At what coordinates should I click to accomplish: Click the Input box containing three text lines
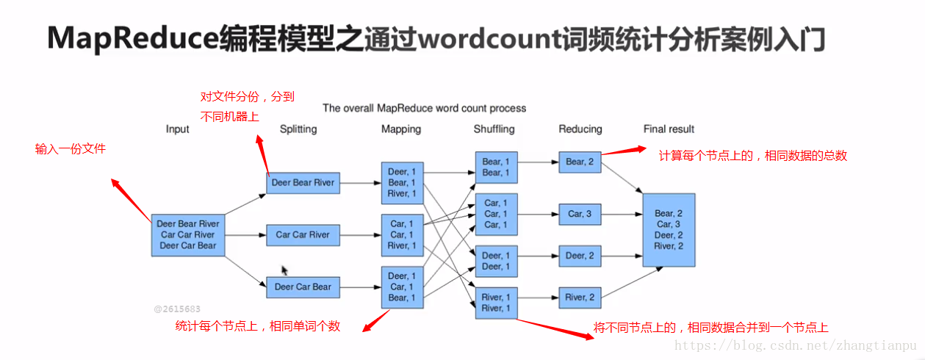pyautogui.click(x=187, y=234)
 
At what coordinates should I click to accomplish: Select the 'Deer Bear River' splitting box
pyautogui.click(x=303, y=183)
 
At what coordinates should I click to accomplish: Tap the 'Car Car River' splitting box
pyautogui.click(x=303, y=235)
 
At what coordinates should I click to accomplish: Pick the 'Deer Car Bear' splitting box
pyautogui.click(x=303, y=287)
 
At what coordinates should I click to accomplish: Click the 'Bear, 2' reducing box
pyautogui.click(x=580, y=162)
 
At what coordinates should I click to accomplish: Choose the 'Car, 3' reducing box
pyautogui.click(x=580, y=214)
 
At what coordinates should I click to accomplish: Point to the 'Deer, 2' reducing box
pyautogui.click(x=580, y=256)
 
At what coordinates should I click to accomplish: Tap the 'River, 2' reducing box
pyautogui.click(x=580, y=298)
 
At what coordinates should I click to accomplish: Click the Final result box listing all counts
pyautogui.click(x=669, y=230)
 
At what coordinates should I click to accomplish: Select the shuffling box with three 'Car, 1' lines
pyautogui.click(x=496, y=214)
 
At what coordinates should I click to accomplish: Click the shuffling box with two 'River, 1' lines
pyautogui.click(x=496, y=303)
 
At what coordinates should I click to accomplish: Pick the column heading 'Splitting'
pyautogui.click(x=298, y=129)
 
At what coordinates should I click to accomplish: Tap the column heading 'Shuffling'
pyautogui.click(x=494, y=129)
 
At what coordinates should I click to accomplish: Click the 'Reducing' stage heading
pyautogui.click(x=580, y=129)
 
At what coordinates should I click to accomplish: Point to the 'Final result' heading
pyautogui.click(x=669, y=129)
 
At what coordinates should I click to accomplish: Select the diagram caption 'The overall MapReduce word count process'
pyautogui.click(x=424, y=108)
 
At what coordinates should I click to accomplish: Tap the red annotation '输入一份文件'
pyautogui.click(x=71, y=149)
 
